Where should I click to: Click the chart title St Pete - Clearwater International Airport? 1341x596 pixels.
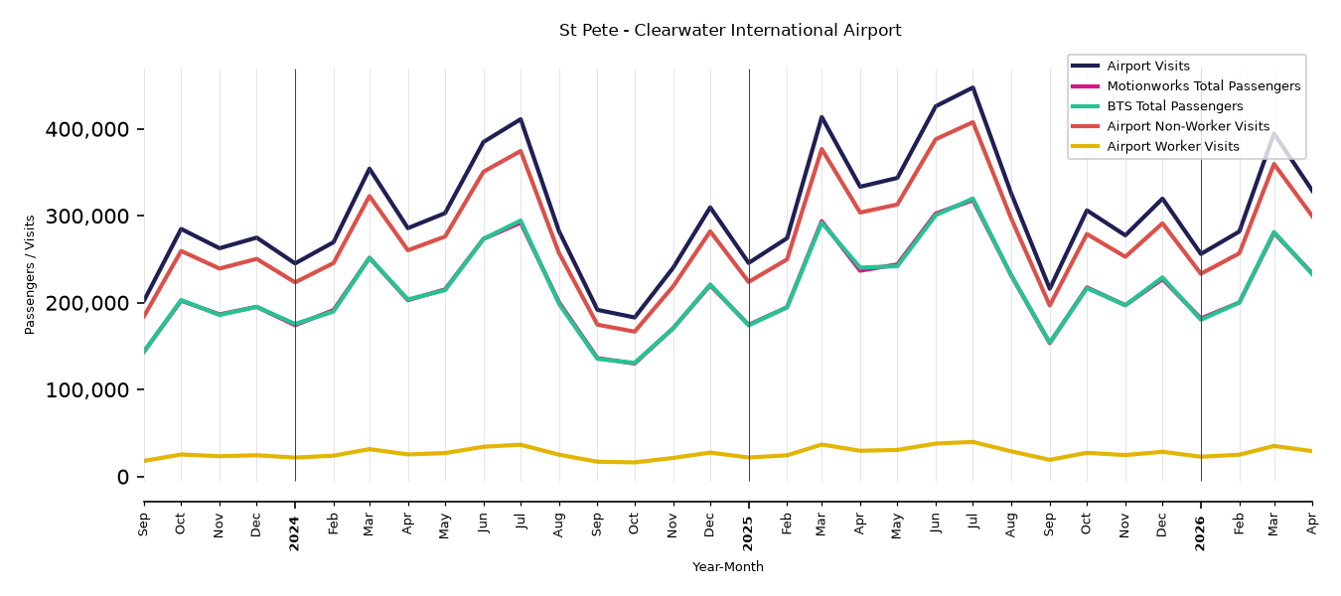tap(730, 30)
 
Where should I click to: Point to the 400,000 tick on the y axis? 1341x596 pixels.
tap(86, 129)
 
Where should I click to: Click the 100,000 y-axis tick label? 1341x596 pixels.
tap(86, 390)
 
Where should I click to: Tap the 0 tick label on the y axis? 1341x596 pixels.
tap(123, 477)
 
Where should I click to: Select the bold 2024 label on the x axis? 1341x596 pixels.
tap(294, 533)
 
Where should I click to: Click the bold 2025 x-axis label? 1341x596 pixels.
tap(748, 533)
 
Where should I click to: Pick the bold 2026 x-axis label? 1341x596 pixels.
tap(1200, 533)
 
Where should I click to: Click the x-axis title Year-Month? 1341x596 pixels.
tap(727, 566)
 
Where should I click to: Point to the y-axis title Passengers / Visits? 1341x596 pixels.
tap(30, 275)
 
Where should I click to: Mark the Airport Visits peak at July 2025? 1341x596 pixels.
tap(972, 87)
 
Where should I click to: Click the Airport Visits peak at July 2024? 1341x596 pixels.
tap(521, 118)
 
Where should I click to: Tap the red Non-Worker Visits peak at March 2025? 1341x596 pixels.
tap(821, 148)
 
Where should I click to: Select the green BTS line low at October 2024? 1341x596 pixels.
tap(634, 364)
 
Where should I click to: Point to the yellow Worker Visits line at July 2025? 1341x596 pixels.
tap(972, 442)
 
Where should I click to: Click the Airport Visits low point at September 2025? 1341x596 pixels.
tap(1049, 289)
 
